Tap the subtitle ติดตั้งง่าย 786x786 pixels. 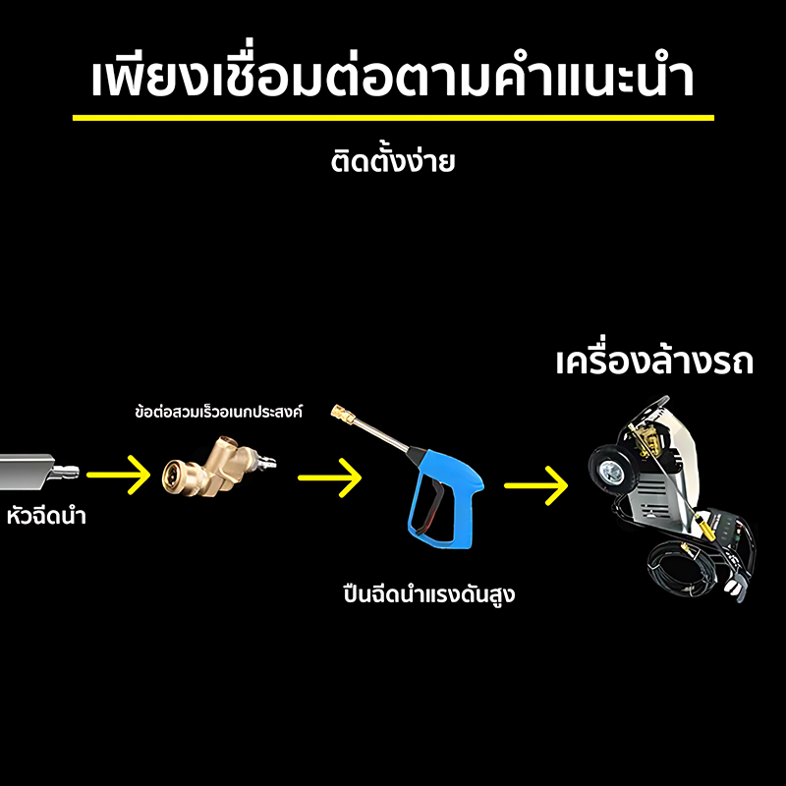coord(392,161)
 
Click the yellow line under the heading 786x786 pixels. coord(393,118)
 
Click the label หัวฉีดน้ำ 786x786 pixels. coord(46,514)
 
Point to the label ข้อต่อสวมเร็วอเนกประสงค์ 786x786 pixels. coord(218,411)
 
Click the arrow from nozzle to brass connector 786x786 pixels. coord(119,475)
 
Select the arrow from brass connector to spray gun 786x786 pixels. coord(330,477)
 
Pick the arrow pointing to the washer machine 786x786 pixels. coord(535,485)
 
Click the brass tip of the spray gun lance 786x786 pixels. coord(342,414)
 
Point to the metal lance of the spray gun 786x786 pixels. coord(381,434)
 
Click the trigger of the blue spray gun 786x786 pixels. coord(431,501)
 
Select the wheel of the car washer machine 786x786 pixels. coord(610,471)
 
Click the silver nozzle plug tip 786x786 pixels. coord(66,472)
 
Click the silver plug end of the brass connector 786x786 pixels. coord(265,461)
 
